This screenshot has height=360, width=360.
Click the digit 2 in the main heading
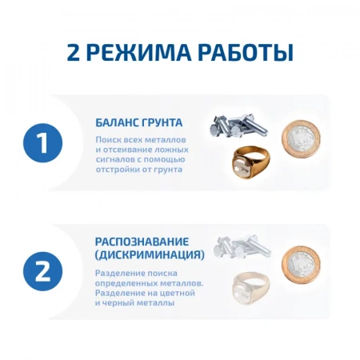click(x=74, y=53)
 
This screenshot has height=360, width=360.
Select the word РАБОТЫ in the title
click(x=241, y=53)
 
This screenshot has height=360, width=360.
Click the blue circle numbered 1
click(x=43, y=144)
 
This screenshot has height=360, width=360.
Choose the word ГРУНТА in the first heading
click(x=162, y=123)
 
